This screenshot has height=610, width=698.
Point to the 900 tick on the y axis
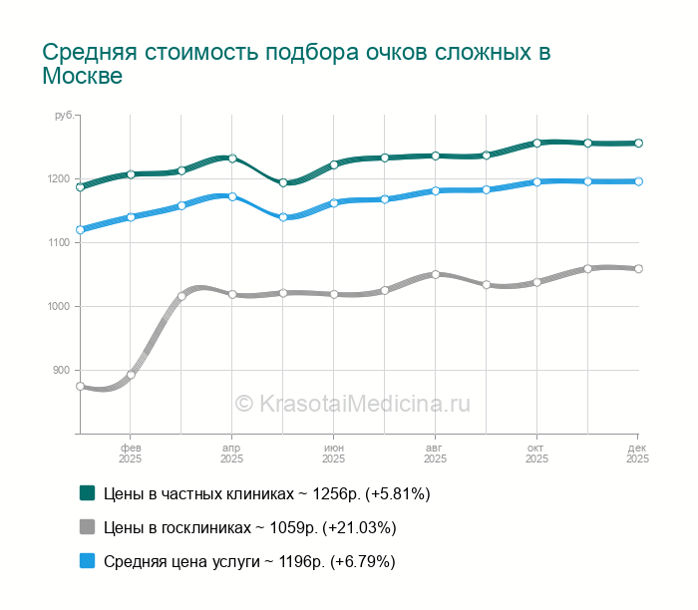pyautogui.click(x=61, y=370)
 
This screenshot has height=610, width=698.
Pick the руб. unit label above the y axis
pyautogui.click(x=65, y=117)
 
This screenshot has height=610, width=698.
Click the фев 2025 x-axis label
pyautogui.click(x=131, y=454)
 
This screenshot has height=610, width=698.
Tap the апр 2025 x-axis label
pyautogui.click(x=231, y=454)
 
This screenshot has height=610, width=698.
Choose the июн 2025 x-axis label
pyautogui.click(x=333, y=454)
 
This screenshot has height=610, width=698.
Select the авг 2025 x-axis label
pyautogui.click(x=435, y=454)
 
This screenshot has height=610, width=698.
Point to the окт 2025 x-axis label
pyautogui.click(x=536, y=454)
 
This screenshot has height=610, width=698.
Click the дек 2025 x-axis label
pyautogui.click(x=637, y=454)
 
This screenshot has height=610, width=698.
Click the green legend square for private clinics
pyautogui.click(x=87, y=492)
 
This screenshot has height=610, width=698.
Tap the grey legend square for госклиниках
pyautogui.click(x=87, y=526)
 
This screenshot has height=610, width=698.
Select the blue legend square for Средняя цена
pyautogui.click(x=87, y=561)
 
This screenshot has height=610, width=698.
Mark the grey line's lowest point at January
pyautogui.click(x=81, y=386)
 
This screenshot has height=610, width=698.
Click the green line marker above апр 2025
pyautogui.click(x=232, y=158)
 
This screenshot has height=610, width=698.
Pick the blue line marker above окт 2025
pyautogui.click(x=536, y=181)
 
